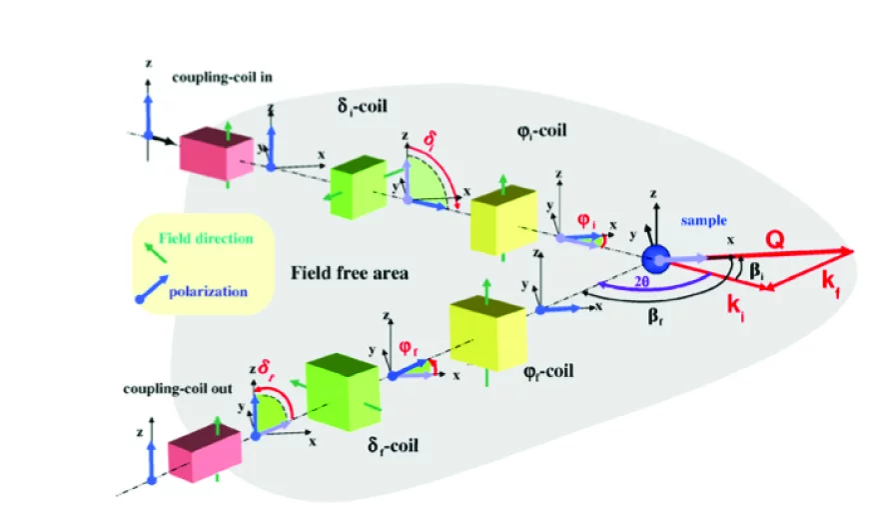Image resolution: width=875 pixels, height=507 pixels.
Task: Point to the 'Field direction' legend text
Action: tap(206, 239)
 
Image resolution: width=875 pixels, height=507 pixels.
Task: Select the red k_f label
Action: tap(829, 283)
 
